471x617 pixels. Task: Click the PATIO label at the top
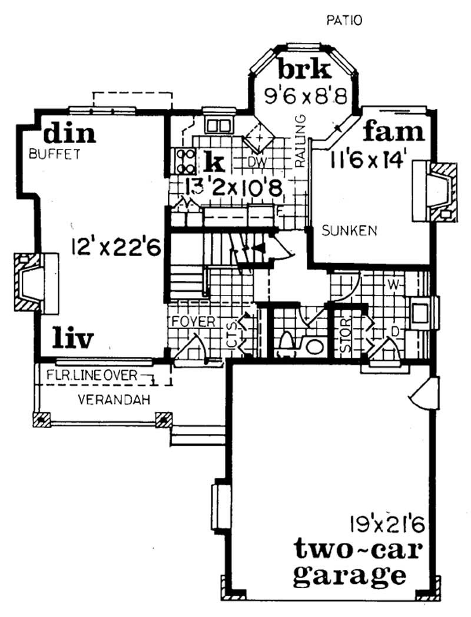point(344,21)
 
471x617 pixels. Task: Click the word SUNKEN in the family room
point(349,230)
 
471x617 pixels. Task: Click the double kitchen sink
point(218,125)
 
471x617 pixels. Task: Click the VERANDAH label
point(114,400)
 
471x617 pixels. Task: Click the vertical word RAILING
point(301,141)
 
